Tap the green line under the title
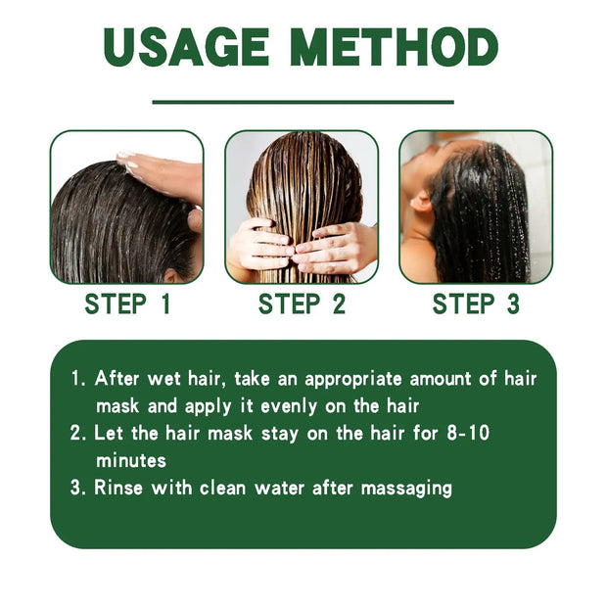click(x=303, y=101)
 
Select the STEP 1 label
click(x=127, y=304)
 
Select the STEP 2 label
click(x=302, y=304)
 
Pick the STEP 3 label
click(x=476, y=304)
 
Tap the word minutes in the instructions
click(x=131, y=459)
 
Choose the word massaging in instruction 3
click(x=403, y=488)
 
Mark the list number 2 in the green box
click(x=76, y=432)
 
